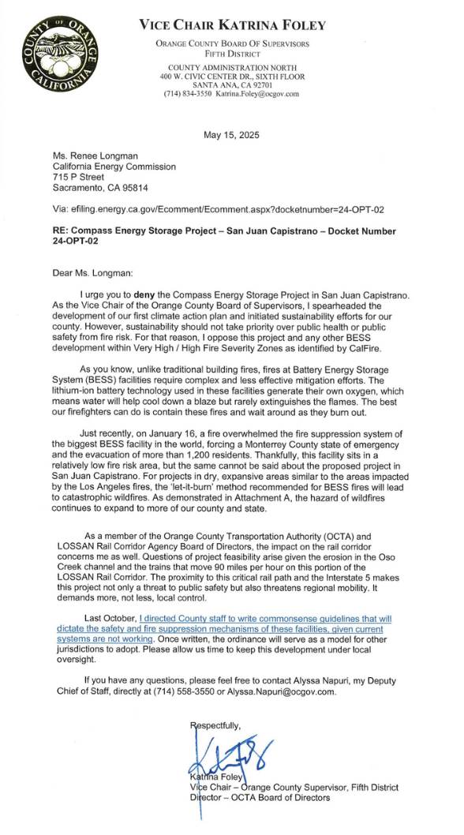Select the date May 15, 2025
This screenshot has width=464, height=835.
tap(231, 135)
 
